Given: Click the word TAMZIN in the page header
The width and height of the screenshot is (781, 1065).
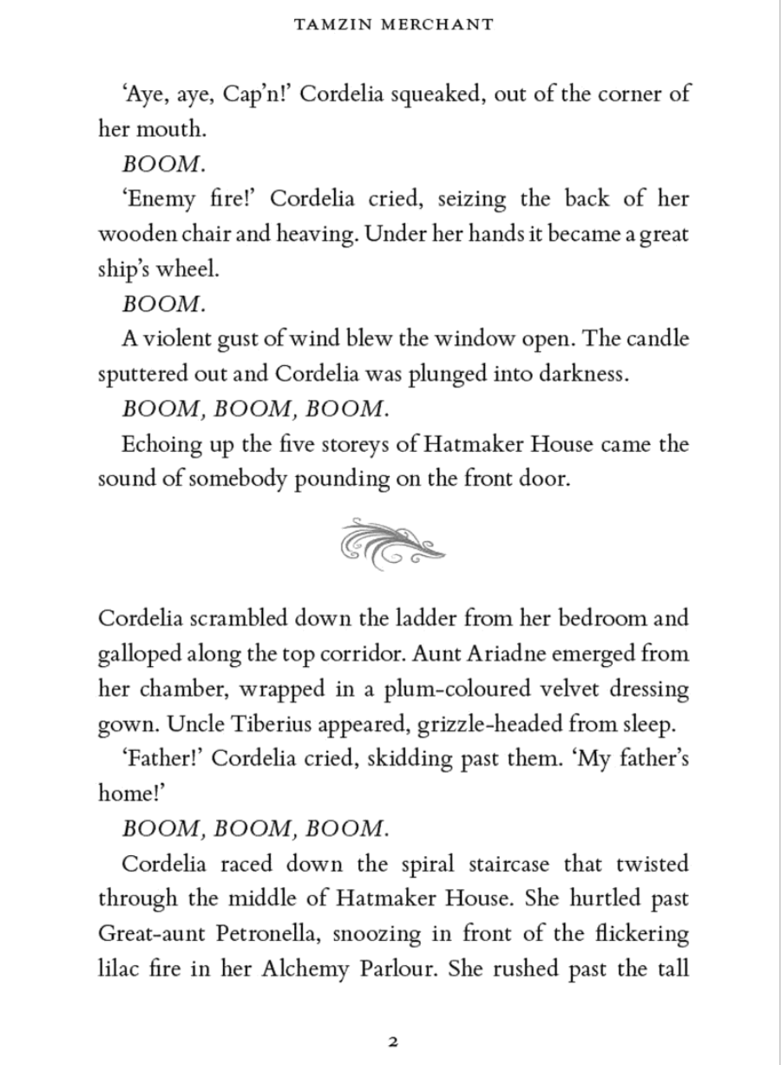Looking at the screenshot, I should pyautogui.click(x=325, y=24).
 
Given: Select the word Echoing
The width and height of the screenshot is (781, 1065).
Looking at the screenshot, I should pyautogui.click(x=167, y=444).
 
